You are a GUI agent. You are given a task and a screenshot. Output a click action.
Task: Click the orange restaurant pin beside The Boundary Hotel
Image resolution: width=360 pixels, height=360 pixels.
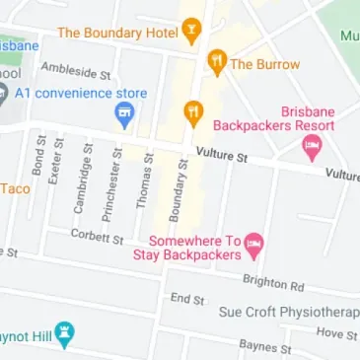192,32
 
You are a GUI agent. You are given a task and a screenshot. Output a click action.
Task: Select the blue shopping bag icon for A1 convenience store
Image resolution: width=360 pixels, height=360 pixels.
124,117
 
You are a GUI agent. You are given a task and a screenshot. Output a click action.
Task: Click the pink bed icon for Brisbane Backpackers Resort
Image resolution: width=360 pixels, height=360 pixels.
313,148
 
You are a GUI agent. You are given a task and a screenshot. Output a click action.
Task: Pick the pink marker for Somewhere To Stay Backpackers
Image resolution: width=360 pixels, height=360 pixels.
254,243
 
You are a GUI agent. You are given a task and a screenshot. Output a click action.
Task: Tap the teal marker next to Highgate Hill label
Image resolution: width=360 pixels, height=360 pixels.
65,333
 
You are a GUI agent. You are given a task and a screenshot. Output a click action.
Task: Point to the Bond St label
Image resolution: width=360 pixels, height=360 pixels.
39,157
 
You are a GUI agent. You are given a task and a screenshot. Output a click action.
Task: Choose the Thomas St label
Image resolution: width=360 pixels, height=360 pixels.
145,181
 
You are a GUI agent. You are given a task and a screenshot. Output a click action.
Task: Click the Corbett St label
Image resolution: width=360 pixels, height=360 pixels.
97,237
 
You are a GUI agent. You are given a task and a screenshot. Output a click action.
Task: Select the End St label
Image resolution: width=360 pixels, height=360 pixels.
186,298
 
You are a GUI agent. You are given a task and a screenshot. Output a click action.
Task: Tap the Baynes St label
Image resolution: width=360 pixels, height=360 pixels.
265,347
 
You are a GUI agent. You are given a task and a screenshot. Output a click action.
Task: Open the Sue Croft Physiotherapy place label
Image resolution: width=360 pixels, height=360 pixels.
287,313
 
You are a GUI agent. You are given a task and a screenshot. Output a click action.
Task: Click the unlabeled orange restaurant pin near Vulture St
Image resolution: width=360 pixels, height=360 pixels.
194,109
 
